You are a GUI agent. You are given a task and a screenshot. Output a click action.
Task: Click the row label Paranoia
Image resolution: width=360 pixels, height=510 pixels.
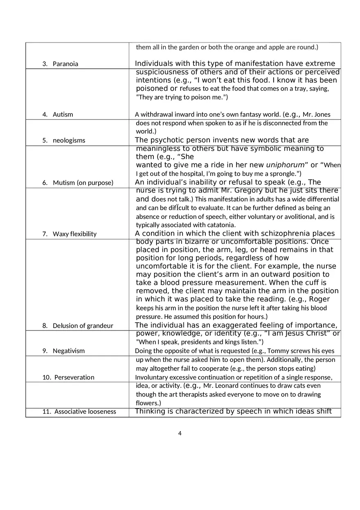tap(65, 64)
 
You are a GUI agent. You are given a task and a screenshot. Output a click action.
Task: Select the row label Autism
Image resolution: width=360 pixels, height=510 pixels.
tap(63, 115)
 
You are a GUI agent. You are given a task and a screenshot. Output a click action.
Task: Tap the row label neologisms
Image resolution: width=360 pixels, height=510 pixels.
tap(69, 140)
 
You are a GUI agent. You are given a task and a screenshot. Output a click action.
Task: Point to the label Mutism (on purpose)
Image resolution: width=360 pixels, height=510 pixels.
tap(83, 183)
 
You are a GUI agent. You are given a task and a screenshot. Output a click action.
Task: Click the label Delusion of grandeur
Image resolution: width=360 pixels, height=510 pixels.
tap(83, 326)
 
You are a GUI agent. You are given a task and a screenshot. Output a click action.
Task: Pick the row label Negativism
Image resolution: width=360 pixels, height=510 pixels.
tap(68, 351)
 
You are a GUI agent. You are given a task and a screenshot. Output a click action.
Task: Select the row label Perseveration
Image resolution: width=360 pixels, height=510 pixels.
tap(74, 377)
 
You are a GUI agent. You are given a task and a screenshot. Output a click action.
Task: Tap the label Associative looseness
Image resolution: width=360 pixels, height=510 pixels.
tap(85, 412)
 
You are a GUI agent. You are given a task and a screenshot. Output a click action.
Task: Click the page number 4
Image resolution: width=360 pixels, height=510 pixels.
tap(180, 434)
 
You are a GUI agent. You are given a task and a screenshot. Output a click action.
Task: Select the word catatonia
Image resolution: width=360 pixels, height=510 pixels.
tap(220, 225)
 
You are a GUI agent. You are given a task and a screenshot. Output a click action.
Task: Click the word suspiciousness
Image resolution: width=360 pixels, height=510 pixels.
tap(168, 72)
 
